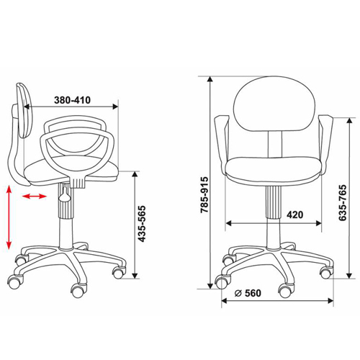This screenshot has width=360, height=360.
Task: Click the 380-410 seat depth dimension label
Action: [72, 100]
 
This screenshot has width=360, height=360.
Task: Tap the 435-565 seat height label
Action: [142, 224]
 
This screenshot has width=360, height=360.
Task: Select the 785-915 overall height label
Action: [204, 195]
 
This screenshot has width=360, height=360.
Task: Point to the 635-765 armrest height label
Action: [343, 202]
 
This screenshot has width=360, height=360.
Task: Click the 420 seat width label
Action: [295, 215]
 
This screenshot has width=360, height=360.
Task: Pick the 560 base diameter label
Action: [253, 293]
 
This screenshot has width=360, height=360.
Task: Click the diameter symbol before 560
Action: [238, 293]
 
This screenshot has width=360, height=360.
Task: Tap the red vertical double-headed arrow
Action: [9, 217]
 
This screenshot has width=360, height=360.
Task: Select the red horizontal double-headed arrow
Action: [35, 197]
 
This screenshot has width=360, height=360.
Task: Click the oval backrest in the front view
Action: [274, 104]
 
